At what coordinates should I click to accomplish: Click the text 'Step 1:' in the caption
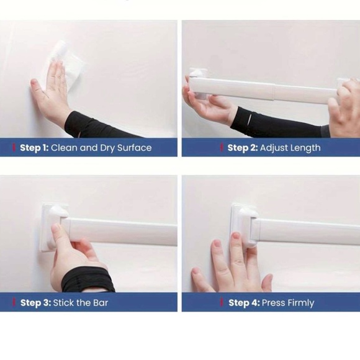click(34, 148)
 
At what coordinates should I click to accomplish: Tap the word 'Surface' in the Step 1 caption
click(133, 148)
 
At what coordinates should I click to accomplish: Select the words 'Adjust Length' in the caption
click(290, 148)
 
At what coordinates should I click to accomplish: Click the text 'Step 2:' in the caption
click(242, 148)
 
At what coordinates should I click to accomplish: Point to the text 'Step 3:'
click(35, 303)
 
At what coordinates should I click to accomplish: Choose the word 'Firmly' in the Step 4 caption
click(300, 303)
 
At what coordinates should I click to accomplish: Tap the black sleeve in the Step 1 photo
click(93, 126)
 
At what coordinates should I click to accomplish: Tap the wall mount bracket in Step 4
click(243, 225)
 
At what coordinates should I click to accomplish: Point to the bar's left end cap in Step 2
click(197, 84)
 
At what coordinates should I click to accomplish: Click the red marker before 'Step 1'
click(14, 148)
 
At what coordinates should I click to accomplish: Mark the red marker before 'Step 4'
click(223, 303)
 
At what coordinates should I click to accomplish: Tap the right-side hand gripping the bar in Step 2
click(344, 109)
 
